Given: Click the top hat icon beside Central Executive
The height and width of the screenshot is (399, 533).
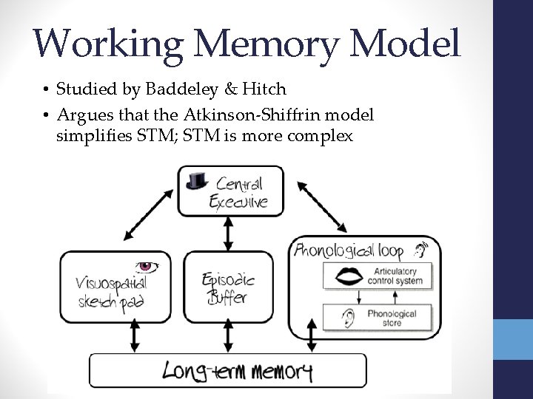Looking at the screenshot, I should coord(195,180).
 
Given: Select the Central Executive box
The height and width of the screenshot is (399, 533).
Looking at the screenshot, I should coord(229,191).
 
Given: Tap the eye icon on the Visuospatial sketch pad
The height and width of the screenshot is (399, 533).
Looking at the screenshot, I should coord(144,266).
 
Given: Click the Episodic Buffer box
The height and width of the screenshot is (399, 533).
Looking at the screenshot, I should coord(229,288).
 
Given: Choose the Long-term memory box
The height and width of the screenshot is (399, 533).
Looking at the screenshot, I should coord(228,370).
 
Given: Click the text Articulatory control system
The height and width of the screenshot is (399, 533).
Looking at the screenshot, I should coord(399,276).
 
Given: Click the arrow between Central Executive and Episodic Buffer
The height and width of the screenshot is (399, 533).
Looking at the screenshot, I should coord(229,233).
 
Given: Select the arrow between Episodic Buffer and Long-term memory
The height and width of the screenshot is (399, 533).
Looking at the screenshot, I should coord(229,339).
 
